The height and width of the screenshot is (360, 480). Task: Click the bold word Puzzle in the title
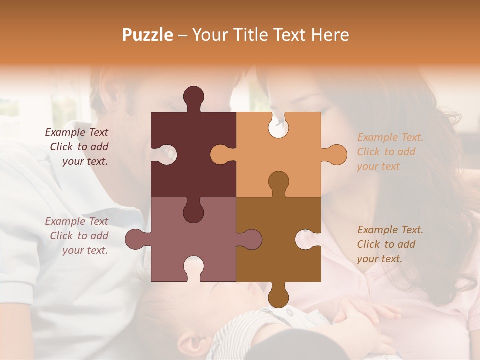tap(148, 35)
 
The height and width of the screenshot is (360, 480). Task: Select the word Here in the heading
tap(330, 35)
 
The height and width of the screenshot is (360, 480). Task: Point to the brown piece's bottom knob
tap(278, 296)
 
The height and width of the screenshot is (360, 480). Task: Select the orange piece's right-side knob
tap(335, 154)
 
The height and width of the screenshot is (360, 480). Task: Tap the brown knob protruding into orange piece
tap(278, 182)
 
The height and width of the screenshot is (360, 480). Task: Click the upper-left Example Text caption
tap(77, 147)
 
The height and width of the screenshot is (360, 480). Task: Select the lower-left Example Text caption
tap(77, 236)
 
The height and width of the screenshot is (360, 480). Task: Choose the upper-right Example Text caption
tap(390, 152)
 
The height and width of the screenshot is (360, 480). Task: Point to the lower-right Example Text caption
tap(390, 244)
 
